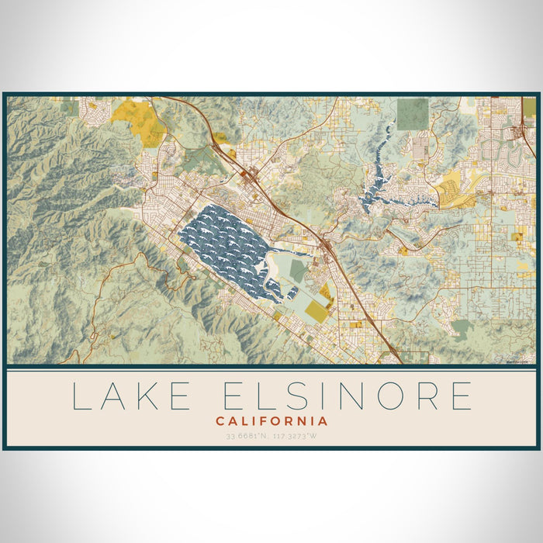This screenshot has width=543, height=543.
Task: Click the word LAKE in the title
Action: coord(130,396)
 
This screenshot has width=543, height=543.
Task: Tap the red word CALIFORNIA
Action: coord(271,421)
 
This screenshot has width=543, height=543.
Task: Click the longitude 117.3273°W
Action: coord(299,436)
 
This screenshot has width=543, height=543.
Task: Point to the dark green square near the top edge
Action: coord(412,113)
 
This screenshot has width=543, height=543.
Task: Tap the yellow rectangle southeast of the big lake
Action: coord(316,312)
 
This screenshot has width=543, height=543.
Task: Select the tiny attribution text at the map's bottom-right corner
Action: coord(519,361)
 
